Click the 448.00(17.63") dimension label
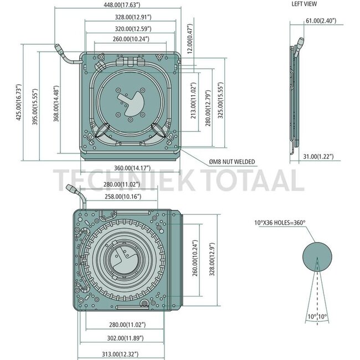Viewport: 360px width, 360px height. [122, 5]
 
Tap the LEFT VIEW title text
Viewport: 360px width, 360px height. [304, 4]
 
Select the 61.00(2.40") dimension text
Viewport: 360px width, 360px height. [321, 20]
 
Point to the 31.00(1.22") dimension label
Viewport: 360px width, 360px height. [318, 156]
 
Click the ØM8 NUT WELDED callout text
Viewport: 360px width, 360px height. [232, 162]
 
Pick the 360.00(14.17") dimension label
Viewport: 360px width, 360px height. [132, 168]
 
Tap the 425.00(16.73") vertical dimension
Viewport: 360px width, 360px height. [19, 102]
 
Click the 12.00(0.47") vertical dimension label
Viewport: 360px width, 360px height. [189, 39]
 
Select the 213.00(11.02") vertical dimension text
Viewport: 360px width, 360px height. [194, 101]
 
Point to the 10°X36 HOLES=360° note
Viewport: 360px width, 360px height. [280, 223]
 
